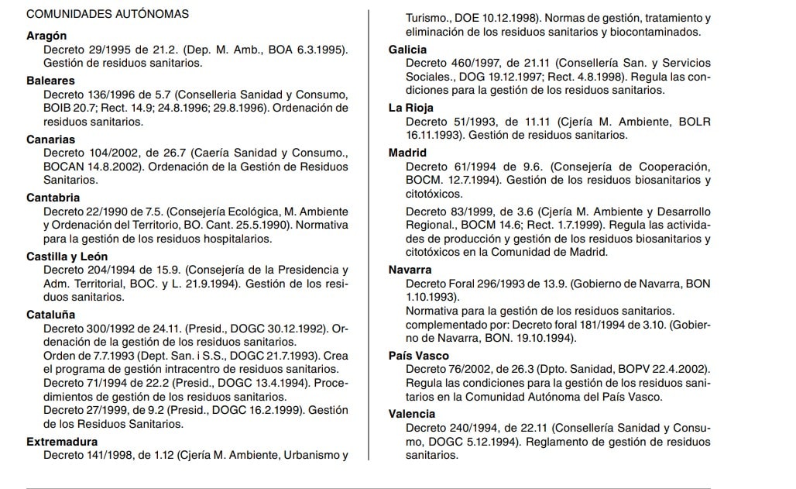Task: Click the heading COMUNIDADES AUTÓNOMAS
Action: coord(108,14)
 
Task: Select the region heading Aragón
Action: coord(46,36)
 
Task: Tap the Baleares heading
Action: coord(50,81)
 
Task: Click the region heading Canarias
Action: coord(50,139)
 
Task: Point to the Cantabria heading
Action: coord(53,198)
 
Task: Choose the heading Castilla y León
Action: coord(67,257)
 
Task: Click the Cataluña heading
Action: coord(50,315)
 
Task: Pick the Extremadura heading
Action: coord(60,442)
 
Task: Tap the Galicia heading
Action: coord(407,50)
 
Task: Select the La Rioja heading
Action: coord(410,108)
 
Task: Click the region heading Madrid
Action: coord(407,153)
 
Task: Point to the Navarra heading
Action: coord(410,270)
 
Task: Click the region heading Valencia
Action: coord(412,414)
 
